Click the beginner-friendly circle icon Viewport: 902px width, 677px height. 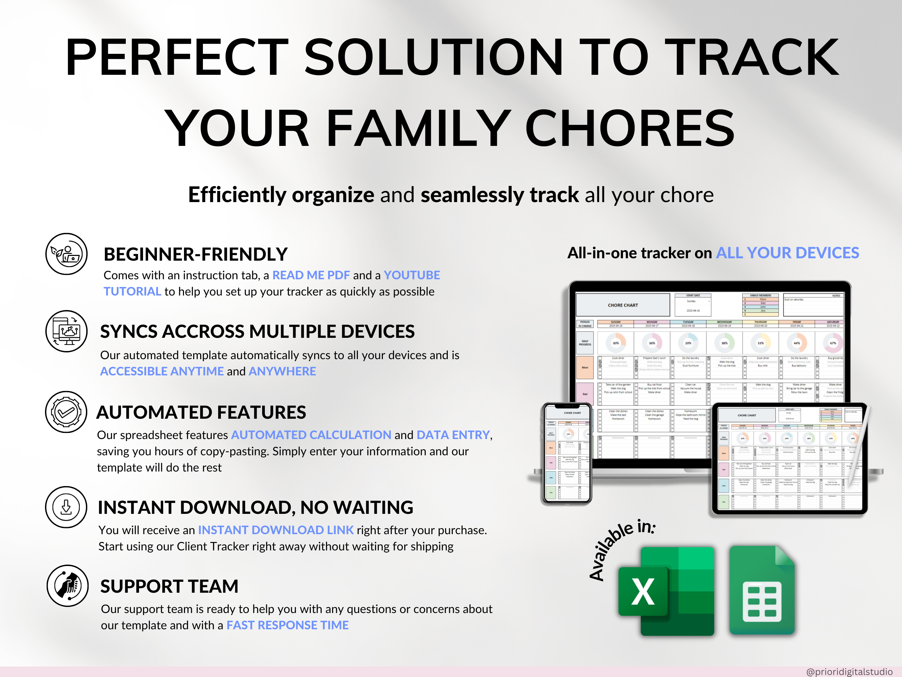pos(66,254)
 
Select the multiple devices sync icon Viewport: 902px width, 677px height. pos(66,331)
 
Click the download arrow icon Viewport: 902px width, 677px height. pos(66,507)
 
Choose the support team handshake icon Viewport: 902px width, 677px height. pos(67,586)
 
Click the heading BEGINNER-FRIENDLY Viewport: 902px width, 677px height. pos(196,254)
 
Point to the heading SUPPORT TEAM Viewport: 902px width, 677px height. pos(169,586)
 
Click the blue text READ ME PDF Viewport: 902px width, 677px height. pos(311,276)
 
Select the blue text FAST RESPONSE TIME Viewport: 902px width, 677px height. pos(287,625)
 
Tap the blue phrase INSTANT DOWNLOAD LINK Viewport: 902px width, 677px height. pos(276,530)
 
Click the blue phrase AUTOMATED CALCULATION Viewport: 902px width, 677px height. pos(311,435)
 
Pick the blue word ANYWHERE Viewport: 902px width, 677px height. pos(282,371)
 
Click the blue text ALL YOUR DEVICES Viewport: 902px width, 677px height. pos(787,253)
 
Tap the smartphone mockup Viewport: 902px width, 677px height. pos(567,453)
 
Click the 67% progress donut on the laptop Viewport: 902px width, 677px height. pos(833,343)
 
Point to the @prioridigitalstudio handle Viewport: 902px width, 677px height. pos(849,672)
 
